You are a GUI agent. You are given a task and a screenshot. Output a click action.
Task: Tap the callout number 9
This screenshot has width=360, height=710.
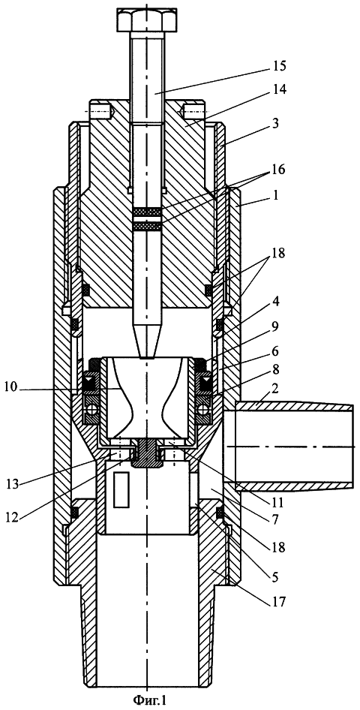(x=274, y=325)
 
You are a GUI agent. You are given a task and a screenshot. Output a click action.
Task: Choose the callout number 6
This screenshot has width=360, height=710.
(x=274, y=351)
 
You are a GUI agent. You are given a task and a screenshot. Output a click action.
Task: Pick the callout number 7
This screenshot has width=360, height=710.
(x=274, y=516)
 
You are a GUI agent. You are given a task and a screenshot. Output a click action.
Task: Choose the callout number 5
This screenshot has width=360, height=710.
(x=275, y=578)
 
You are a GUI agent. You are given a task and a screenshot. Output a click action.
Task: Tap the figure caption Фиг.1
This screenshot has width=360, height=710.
(x=150, y=701)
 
